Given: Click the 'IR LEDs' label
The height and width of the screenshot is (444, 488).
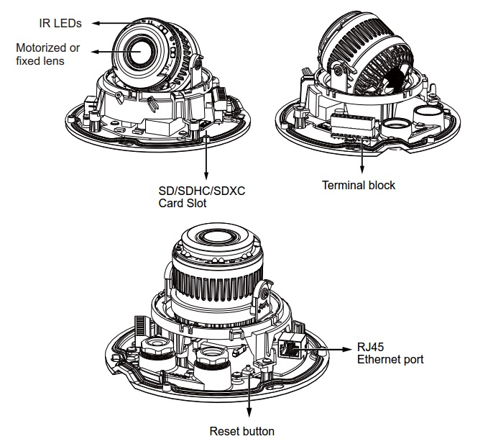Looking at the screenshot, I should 60,23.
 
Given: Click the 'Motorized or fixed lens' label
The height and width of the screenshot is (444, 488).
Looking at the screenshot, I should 47,55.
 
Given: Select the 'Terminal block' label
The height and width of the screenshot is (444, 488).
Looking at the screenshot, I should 358,185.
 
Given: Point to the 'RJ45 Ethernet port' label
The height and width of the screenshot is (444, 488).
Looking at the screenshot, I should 390,353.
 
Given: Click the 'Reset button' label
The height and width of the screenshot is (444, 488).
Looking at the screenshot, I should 241,431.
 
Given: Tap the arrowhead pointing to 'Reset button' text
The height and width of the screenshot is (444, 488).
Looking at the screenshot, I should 249,413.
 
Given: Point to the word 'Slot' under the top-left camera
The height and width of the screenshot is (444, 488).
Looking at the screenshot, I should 196,203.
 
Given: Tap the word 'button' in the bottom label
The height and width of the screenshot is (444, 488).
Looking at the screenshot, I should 257,431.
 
